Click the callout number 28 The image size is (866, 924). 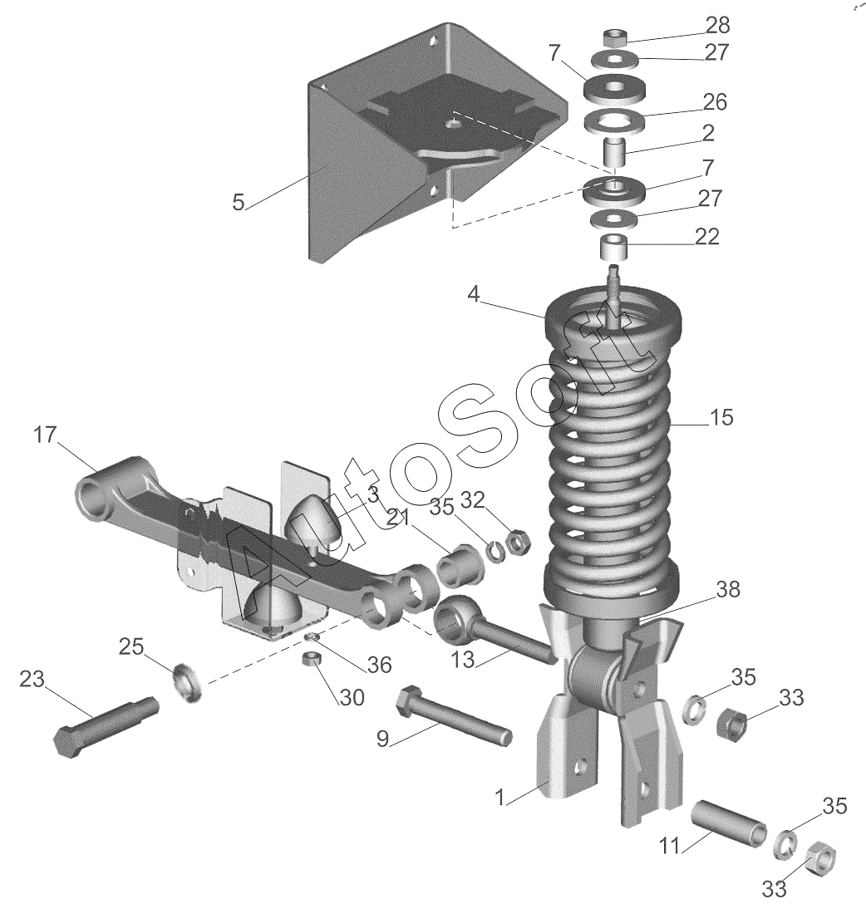point(717,25)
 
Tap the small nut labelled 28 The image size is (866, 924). point(615,39)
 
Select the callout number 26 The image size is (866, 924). point(715,102)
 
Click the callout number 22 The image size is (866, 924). point(706,236)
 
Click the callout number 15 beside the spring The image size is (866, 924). point(721,417)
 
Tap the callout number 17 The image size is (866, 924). point(45,435)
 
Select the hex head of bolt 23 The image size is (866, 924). point(67,743)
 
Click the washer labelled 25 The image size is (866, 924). point(187,681)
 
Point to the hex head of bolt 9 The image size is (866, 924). point(408,701)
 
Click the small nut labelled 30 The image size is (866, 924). point(311,658)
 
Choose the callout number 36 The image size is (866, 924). point(379,665)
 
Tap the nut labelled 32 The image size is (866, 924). point(518,542)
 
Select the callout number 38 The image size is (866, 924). point(727,588)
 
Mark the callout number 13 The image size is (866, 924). point(463,660)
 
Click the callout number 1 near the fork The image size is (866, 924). point(499,798)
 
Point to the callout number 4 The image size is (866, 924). point(474,294)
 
